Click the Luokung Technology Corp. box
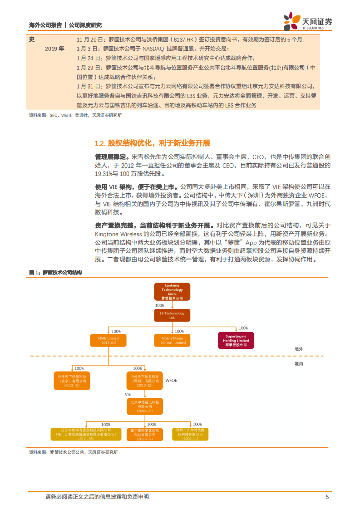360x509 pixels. pos(172,292)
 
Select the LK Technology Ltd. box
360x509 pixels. pos(172,316)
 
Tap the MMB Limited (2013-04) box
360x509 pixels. pos(108,340)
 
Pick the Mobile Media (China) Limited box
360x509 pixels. pos(173,340)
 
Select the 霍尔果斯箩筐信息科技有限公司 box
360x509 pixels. pos(144,434)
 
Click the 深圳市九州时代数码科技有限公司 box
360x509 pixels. pos(190,434)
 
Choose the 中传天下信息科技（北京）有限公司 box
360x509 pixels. pos(72,380)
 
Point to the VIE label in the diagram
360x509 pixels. pos(128,395)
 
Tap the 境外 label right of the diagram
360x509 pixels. pos(298,349)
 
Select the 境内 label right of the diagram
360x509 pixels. pos(298,363)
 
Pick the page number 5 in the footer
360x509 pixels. pos(327,497)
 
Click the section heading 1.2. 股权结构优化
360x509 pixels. pos(152,143)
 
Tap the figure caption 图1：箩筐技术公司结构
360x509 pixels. pos(55,272)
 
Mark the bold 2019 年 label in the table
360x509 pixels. pos(55,48)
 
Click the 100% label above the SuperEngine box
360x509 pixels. pos(243,328)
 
